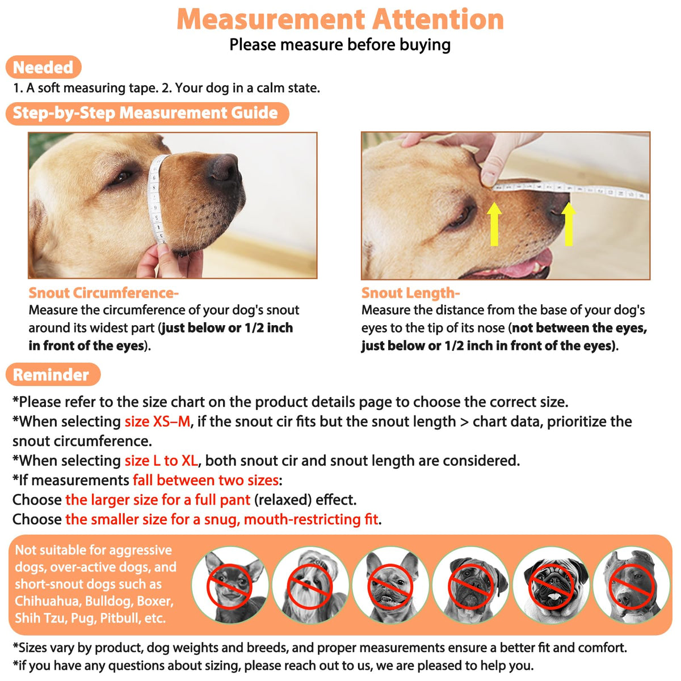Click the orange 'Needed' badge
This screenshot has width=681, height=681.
point(44,67)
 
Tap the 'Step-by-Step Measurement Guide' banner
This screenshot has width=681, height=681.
point(148,113)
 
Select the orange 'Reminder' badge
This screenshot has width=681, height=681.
point(53,374)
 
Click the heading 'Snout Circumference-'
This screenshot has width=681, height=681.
point(103,293)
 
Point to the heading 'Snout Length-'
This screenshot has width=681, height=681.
point(410,293)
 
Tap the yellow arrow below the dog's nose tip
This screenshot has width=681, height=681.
point(568,224)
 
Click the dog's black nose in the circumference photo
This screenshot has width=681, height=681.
point(225,167)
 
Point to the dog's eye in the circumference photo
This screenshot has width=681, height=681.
point(121,176)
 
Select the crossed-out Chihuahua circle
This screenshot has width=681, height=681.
point(230,585)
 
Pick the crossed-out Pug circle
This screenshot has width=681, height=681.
point(551,585)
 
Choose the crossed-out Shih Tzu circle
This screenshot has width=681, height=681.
point(310,585)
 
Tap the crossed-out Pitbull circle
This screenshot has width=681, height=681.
point(631,585)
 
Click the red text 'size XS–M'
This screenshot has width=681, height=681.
point(157,422)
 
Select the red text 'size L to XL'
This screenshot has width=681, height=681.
point(161,461)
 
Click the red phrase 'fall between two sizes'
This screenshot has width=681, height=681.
point(205,480)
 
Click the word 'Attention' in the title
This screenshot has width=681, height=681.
point(438,19)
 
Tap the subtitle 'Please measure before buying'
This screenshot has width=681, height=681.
point(340,45)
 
